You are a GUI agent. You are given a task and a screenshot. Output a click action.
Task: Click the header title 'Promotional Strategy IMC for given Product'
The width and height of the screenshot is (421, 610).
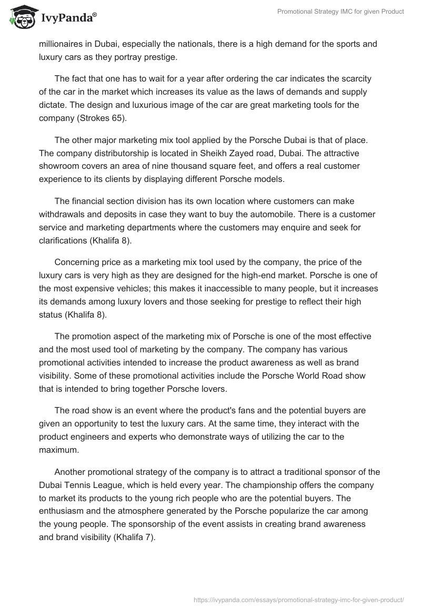pyautogui.click(x=340, y=12)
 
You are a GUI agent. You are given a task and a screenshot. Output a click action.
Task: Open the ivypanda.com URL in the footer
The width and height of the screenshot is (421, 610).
pyautogui.click(x=298, y=599)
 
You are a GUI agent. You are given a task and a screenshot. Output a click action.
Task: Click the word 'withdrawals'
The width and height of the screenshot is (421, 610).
pyautogui.click(x=63, y=214)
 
